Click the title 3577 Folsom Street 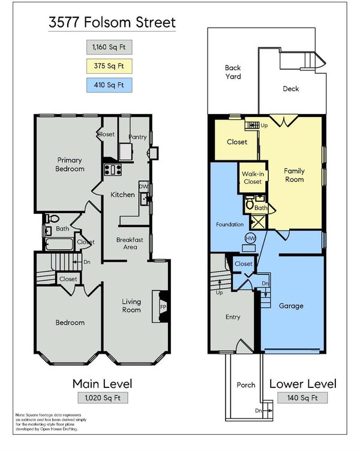click(x=112, y=22)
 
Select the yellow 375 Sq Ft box click(x=109, y=66)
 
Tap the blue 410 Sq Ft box click(x=109, y=85)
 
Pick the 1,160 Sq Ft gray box click(x=109, y=47)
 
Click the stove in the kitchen click(x=113, y=169)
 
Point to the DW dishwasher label click(x=143, y=186)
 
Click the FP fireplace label click(x=163, y=307)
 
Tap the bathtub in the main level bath click(x=59, y=244)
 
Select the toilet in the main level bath click(x=52, y=219)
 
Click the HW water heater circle click(x=250, y=238)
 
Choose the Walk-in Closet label click(x=253, y=178)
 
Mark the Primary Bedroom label click(x=70, y=164)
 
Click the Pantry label click(x=137, y=137)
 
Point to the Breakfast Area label click(x=130, y=243)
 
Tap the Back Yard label click(x=233, y=72)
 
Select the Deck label click(x=291, y=89)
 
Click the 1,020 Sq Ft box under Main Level click(x=103, y=398)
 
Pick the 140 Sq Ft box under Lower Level click(x=302, y=398)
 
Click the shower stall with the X click(x=257, y=222)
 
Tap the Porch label click(x=246, y=385)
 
